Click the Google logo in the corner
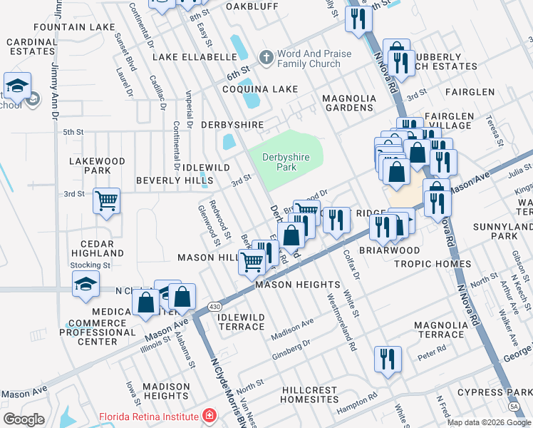[24, 419]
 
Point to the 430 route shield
[214, 306]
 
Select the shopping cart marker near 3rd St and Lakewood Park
[106, 201]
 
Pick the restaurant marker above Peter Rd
[388, 359]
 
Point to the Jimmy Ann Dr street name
[55, 86]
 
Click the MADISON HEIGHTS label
[165, 391]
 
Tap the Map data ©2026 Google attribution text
[489, 422]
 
